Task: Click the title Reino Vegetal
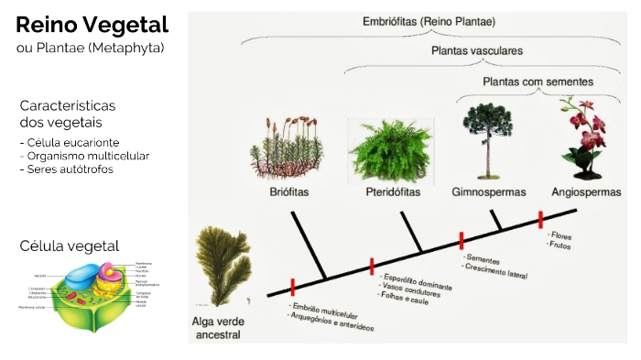[92, 24]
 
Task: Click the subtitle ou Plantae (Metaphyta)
[91, 47]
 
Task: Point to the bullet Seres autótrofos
[71, 169]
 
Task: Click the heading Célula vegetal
[70, 245]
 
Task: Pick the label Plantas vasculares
[477, 51]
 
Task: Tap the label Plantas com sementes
[538, 82]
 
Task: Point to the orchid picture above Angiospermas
[583, 137]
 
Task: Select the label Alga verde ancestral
[216, 328]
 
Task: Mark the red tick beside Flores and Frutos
[540, 220]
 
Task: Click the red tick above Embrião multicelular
[292, 285]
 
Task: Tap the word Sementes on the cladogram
[482, 259]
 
